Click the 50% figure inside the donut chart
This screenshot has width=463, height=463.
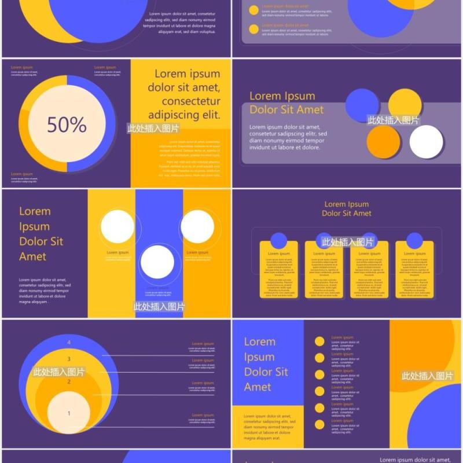click(67, 124)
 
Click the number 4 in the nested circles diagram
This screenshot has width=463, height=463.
click(69, 343)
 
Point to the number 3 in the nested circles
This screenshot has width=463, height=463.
click(69, 359)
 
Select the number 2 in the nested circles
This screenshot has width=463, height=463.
click(69, 382)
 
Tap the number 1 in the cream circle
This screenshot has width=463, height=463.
click(69, 413)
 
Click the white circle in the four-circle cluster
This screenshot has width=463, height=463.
click(427, 142)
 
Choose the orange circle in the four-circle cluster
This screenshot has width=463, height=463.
click(383, 142)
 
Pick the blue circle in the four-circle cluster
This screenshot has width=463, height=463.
click(362, 105)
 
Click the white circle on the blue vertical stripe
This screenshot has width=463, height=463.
click(157, 262)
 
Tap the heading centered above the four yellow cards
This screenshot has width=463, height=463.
click(347, 208)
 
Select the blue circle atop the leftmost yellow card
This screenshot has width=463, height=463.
click(279, 241)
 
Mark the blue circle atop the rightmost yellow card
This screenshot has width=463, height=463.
click(414, 241)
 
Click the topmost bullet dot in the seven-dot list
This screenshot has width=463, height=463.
click(319, 341)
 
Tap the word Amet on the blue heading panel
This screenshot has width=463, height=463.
click(258, 387)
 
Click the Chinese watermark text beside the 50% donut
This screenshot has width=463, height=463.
click(153, 128)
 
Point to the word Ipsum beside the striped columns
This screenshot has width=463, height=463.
click(34, 226)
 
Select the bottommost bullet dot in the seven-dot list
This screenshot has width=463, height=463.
click(319, 425)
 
